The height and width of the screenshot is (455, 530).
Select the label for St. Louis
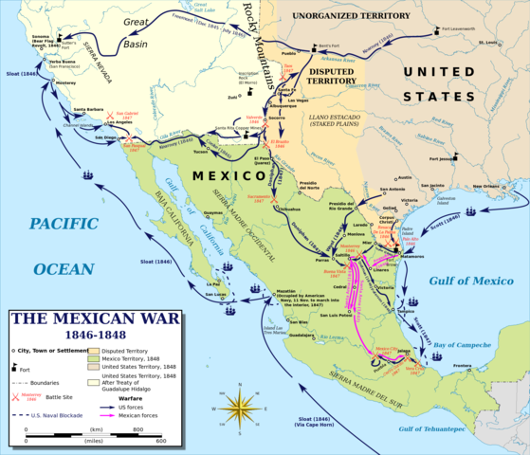pos(488,43)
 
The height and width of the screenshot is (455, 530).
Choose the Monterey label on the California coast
pos(65,83)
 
